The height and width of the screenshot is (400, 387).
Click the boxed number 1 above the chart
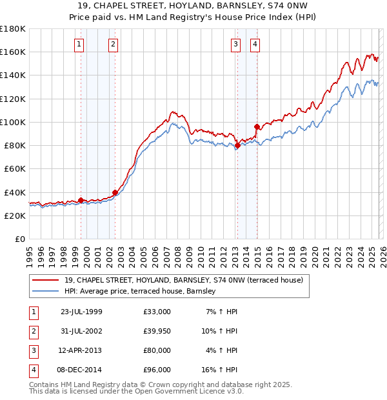click(78, 45)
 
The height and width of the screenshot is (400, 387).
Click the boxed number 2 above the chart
click(113, 45)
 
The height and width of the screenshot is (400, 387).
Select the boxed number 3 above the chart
click(235, 45)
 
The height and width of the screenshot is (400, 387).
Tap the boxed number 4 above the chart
click(255, 45)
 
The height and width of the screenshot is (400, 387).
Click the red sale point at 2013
click(237, 146)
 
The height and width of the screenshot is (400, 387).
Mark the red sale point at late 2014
click(257, 126)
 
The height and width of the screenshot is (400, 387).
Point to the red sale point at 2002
click(115, 192)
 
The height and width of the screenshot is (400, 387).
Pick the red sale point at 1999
click(81, 200)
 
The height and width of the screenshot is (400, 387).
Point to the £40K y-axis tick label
click(14, 192)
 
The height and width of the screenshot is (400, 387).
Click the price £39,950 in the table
click(157, 331)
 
